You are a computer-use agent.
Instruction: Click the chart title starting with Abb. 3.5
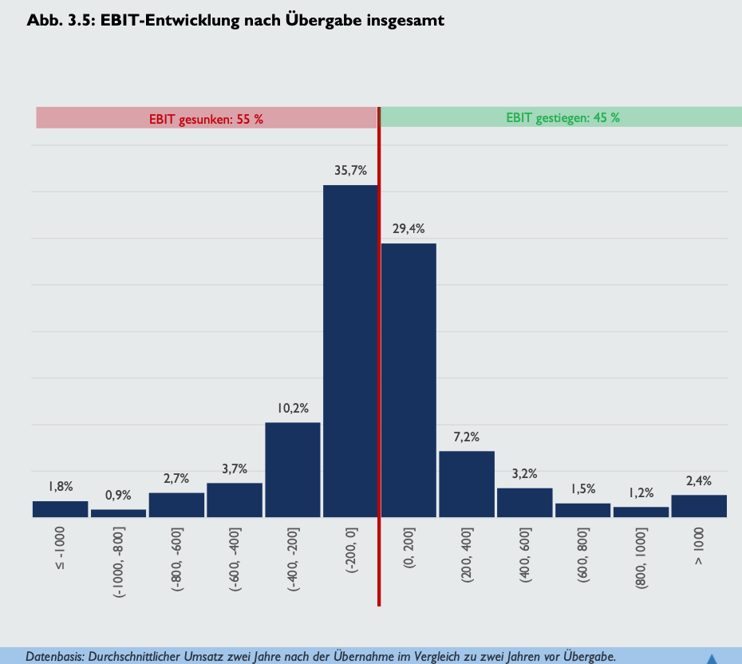235,21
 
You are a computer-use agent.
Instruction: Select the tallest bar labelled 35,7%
350,351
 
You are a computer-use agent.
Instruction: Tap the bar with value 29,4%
408,380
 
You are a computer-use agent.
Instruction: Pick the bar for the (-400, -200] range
293,469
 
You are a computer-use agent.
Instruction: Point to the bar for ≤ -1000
60,509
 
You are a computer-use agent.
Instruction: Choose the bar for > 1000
699,506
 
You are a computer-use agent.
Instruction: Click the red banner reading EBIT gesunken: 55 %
206,119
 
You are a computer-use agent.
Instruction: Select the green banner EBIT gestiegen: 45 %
562,118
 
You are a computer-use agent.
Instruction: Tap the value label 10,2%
293,409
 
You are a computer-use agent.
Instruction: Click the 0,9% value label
118,496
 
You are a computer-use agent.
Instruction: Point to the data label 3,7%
235,469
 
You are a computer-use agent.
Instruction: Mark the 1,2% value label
641,493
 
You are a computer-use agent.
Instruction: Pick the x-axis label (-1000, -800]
118,563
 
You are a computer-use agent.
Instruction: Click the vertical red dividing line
378,359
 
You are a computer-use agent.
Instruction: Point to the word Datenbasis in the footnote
53,657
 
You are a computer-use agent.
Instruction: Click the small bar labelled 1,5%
583,510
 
